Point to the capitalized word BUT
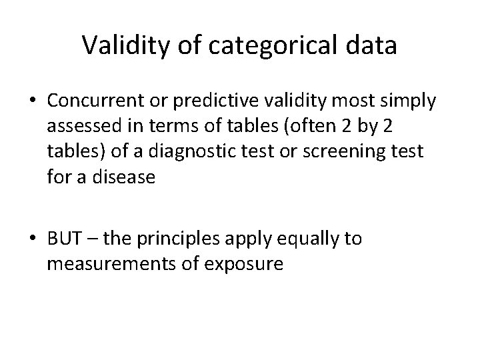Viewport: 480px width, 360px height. pyautogui.click(x=62, y=239)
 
